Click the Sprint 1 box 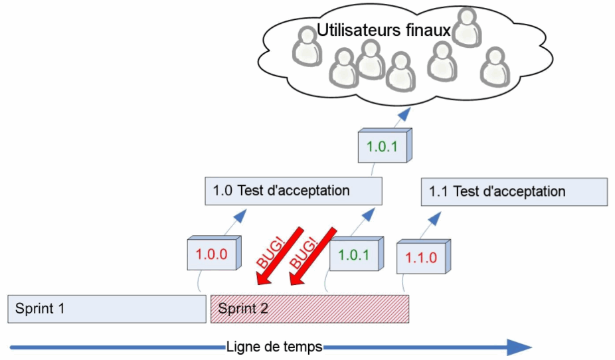(107, 309)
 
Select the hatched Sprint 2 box (309, 309)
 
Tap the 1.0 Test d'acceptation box (294, 191)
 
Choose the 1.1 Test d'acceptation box (514, 191)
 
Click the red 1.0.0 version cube (211, 253)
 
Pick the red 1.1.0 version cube (420, 258)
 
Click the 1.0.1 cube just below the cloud (382, 146)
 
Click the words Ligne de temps (274, 347)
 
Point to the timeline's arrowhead (519, 347)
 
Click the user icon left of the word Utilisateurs (306, 46)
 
